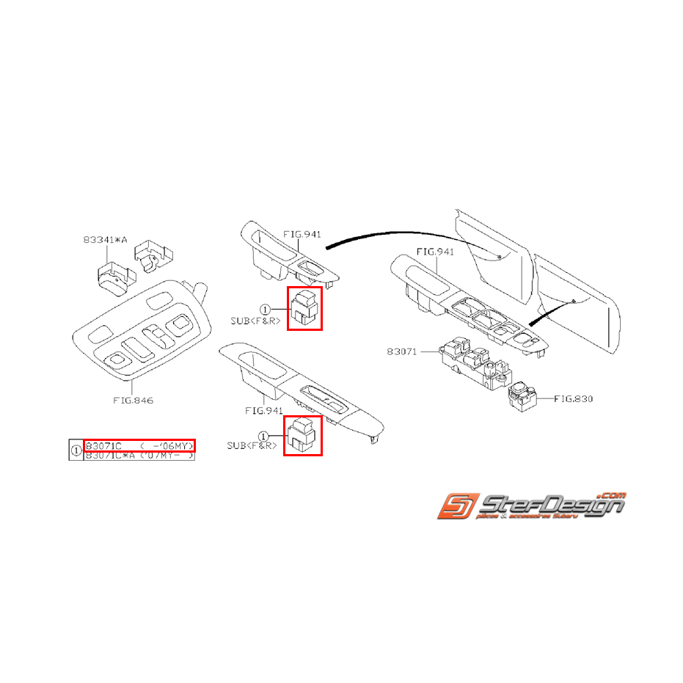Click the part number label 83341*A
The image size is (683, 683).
(x=106, y=240)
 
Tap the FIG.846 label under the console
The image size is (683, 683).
(x=133, y=401)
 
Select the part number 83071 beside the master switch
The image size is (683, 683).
(x=402, y=352)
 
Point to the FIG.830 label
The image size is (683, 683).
(x=573, y=399)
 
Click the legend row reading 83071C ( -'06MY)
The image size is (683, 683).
(x=139, y=445)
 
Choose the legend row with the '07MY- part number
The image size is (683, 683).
(x=139, y=456)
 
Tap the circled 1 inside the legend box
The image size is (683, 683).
(x=76, y=450)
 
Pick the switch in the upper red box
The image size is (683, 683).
(x=304, y=308)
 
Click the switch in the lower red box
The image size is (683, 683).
(x=303, y=436)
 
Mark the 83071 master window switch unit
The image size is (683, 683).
(x=472, y=362)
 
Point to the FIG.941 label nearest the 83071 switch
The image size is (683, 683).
(x=436, y=252)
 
